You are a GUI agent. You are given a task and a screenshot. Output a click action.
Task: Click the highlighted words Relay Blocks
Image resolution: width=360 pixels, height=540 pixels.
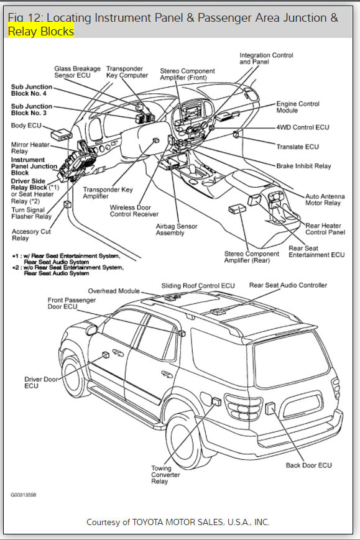(41, 31)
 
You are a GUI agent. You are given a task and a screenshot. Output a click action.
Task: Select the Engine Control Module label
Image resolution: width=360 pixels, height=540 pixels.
(298, 107)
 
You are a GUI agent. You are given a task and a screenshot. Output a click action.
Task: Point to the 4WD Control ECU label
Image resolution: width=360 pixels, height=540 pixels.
(303, 127)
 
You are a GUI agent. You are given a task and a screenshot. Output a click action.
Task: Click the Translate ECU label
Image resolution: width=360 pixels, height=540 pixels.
(297, 147)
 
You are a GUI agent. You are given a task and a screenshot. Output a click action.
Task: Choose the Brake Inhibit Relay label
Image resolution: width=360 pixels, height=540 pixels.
(303, 167)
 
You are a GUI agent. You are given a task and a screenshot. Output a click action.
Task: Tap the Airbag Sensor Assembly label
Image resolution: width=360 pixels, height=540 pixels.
(177, 230)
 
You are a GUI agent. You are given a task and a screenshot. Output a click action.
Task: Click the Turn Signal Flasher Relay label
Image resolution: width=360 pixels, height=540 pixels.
(31, 213)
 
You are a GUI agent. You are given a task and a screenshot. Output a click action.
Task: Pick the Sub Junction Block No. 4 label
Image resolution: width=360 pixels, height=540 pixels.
(32, 91)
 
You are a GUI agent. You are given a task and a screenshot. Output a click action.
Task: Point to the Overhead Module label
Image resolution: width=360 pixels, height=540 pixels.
(114, 290)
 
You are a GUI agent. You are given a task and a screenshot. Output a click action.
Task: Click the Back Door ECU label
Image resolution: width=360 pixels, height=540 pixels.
(308, 465)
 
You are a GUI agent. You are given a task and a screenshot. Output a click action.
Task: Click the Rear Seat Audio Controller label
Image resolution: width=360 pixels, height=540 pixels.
(288, 285)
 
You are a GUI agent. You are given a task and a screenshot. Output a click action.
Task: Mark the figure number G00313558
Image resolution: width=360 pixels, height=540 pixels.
(23, 496)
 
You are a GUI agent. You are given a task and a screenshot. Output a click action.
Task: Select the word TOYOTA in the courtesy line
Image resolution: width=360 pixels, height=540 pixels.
(157, 522)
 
